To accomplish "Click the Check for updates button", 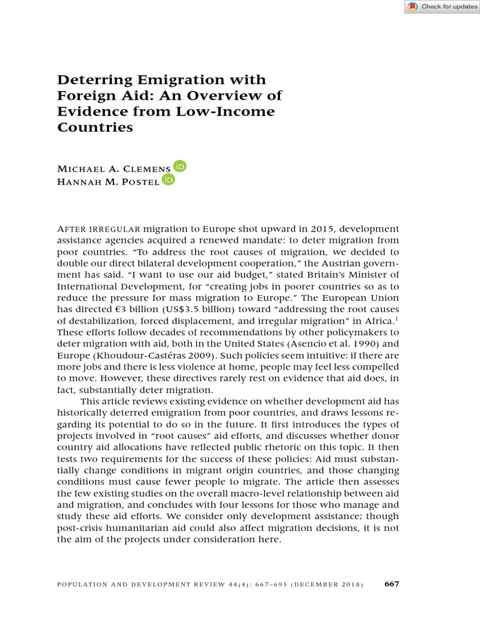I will [442, 7].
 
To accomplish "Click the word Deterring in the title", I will [91, 80].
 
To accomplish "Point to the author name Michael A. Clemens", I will [114, 169].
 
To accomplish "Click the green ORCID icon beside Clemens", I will [180, 167].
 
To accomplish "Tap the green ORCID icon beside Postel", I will [168, 180].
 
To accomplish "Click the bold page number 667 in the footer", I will [391, 584].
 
